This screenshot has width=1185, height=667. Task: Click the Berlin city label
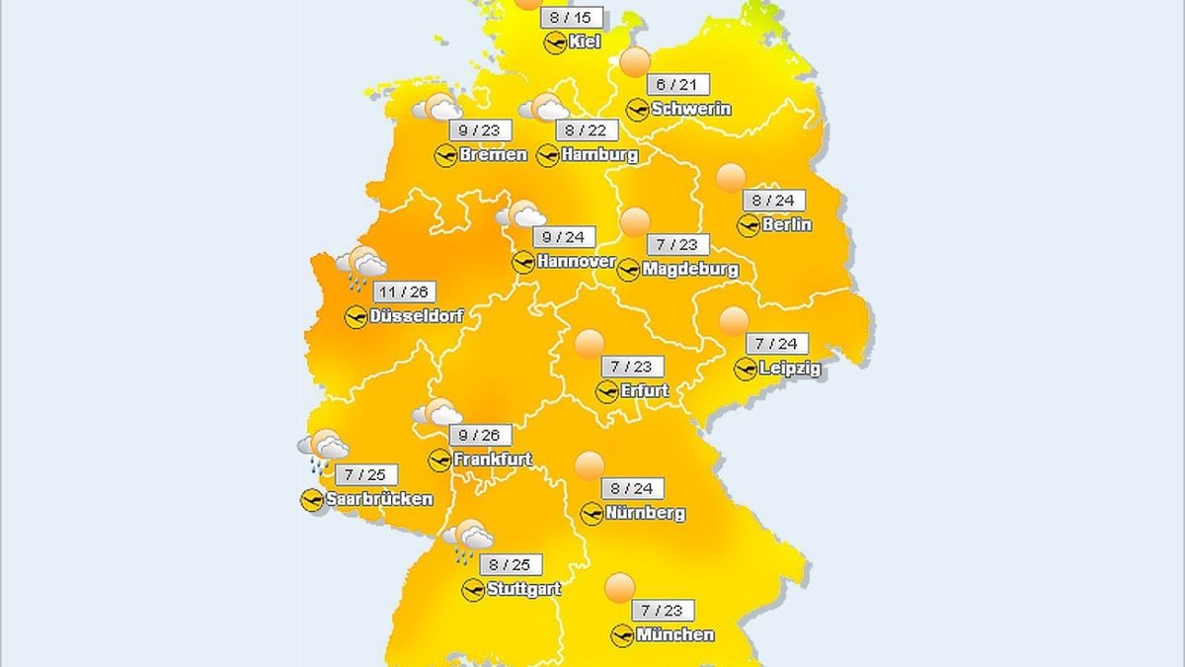click(x=787, y=224)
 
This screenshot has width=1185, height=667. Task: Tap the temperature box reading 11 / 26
click(x=406, y=293)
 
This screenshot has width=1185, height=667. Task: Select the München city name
click(x=675, y=634)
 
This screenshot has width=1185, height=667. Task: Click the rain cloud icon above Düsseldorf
click(x=361, y=268)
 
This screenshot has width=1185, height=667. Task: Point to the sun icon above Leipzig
click(x=734, y=321)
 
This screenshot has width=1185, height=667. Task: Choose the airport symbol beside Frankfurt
click(x=439, y=459)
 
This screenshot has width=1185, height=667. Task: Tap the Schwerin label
click(x=691, y=109)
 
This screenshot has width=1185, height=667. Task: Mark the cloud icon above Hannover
click(x=521, y=214)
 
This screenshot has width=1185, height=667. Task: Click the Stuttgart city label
click(x=523, y=589)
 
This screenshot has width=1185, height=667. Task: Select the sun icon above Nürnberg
click(x=590, y=465)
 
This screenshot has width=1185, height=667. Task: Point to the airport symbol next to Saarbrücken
click(x=312, y=500)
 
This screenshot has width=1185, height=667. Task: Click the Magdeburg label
click(x=689, y=269)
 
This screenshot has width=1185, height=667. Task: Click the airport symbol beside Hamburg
click(x=547, y=155)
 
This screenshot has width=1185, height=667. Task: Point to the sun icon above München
click(x=620, y=588)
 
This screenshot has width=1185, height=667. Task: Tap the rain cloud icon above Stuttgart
click(x=467, y=540)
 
